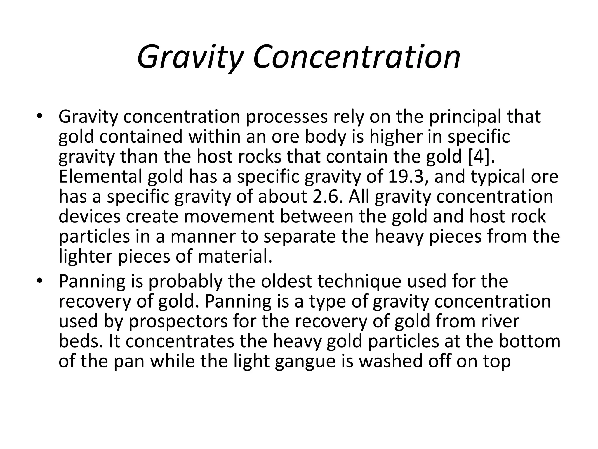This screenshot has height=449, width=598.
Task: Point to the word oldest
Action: point(286,281)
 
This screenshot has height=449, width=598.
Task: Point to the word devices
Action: point(89,216)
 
